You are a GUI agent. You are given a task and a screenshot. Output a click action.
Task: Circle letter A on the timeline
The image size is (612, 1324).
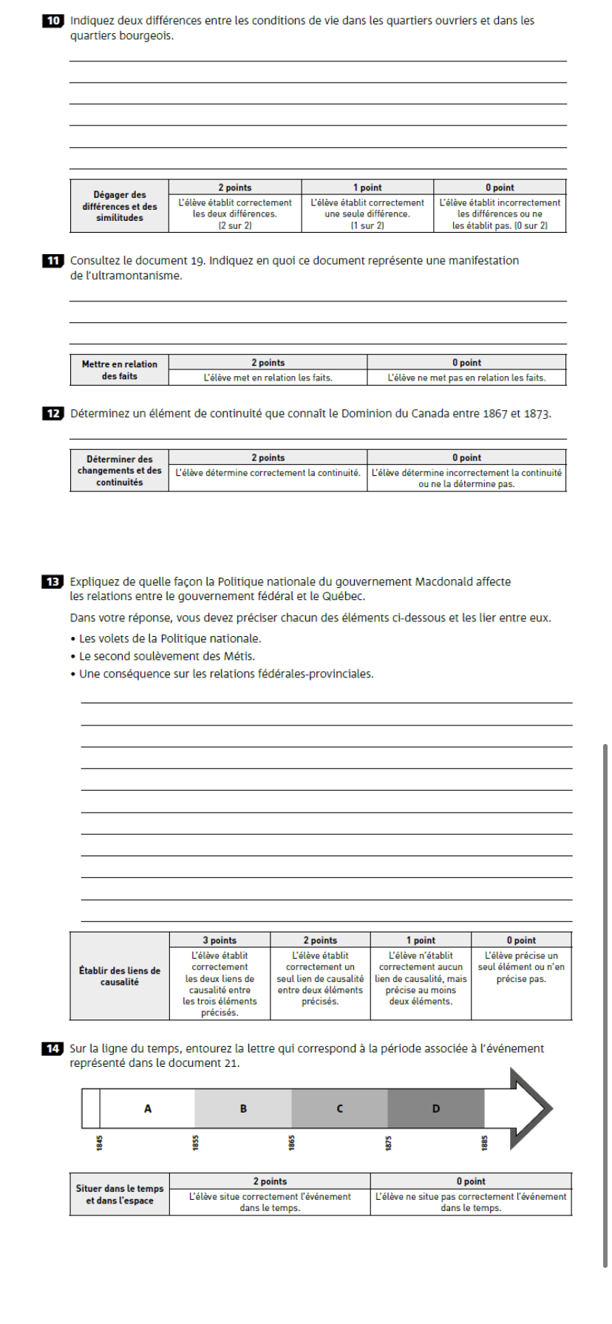tap(148, 1108)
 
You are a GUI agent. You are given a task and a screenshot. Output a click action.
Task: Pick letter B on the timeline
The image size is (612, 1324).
tap(243, 1108)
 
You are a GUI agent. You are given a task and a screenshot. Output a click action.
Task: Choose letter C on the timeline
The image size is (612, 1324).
tap(339, 1108)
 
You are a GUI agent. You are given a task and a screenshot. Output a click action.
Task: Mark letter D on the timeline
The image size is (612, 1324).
tap(435, 1108)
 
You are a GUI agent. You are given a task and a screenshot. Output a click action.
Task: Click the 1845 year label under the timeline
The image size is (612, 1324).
tap(100, 1142)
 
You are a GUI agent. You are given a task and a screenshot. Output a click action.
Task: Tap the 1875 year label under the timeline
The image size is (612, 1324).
tap(388, 1142)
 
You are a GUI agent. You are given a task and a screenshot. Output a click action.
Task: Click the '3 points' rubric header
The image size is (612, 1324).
tap(220, 941)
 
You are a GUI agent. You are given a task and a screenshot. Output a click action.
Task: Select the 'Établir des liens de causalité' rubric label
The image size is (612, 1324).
tap(120, 976)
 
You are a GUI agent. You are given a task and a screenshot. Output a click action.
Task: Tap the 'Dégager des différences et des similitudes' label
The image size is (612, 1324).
tap(120, 206)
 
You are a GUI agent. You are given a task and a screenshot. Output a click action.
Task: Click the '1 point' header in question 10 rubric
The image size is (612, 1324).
tap(367, 188)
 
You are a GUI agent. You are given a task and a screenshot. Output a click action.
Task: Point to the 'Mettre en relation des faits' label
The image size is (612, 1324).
tap(120, 370)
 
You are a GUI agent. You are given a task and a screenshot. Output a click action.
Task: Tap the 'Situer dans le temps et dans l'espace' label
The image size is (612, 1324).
tap(120, 1195)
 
